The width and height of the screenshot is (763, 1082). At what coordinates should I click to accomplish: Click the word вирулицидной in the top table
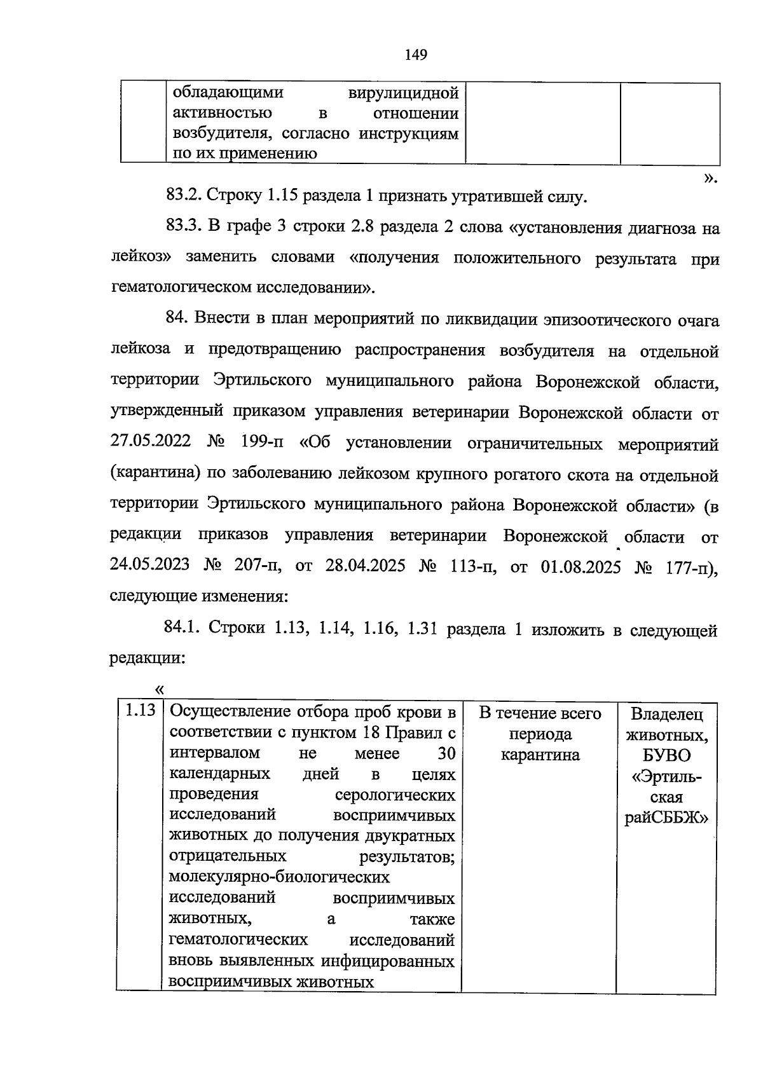coord(404,93)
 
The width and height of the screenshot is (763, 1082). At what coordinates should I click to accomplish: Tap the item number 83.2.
coord(184,196)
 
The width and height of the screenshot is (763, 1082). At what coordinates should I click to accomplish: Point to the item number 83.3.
coord(184,227)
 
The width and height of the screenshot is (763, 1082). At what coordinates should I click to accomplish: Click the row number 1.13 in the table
coord(140,711)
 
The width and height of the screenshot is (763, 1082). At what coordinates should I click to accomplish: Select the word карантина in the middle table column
coord(540,755)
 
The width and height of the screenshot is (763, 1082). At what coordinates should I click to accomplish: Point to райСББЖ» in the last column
coord(666,818)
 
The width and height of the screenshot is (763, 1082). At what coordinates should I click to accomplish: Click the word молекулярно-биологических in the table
coord(279,877)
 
